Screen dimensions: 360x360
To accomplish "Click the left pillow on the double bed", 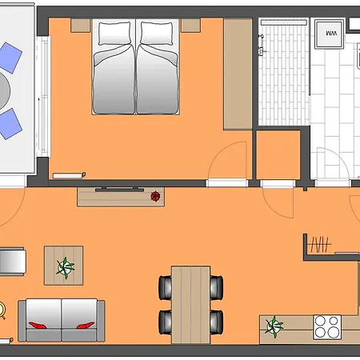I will [x=114, y=34].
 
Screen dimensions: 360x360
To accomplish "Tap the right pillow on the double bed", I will [x=157, y=34].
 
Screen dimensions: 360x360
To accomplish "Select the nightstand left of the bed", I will [x=81, y=25].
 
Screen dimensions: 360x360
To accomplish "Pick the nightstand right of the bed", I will [x=190, y=25].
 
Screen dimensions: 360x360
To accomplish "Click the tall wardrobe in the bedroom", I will [x=238, y=74].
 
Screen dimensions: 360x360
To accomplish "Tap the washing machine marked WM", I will [x=330, y=33].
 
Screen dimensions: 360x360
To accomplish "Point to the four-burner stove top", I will [x=326, y=326].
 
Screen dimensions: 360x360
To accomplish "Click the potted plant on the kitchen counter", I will [x=275, y=325].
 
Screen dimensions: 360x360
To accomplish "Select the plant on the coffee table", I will [x=65, y=266].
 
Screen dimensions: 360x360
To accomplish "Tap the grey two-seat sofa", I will [x=62, y=320].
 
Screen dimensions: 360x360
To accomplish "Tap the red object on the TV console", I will [x=155, y=194].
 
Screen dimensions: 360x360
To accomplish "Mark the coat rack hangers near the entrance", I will [x=320, y=244].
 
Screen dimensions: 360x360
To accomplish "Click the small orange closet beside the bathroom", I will [x=277, y=156].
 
